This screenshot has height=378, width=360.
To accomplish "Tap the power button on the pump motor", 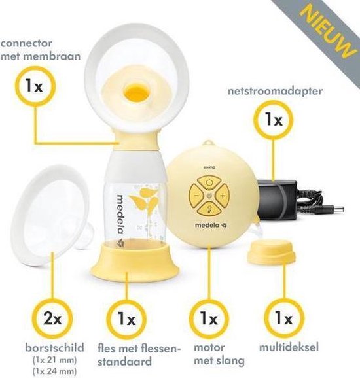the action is pyautogui.click(x=209, y=182).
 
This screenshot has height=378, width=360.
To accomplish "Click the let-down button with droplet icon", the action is pyautogui.click(x=209, y=209).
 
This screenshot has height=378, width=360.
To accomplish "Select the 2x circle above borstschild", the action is pyautogui.click(x=52, y=319).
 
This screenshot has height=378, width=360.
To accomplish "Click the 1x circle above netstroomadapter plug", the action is pyautogui.click(x=274, y=120).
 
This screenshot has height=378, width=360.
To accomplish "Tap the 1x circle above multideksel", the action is pyautogui.click(x=284, y=318).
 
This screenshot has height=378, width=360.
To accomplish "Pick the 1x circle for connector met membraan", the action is pyautogui.click(x=35, y=86).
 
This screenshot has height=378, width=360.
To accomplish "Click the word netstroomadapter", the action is pyautogui.click(x=276, y=92).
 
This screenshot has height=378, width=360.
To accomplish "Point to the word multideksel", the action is pyautogui.click(x=289, y=347).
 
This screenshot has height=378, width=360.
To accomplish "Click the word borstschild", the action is pyautogui.click(x=54, y=348).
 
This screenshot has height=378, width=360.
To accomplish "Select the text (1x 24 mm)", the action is pyautogui.click(x=54, y=371).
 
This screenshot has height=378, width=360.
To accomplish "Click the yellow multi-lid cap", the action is pyautogui.click(x=271, y=252).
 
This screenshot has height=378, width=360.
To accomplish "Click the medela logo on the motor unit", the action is pyautogui.click(x=211, y=226).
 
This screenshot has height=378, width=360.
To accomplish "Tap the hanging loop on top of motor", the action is pyautogui.click(x=208, y=144).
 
